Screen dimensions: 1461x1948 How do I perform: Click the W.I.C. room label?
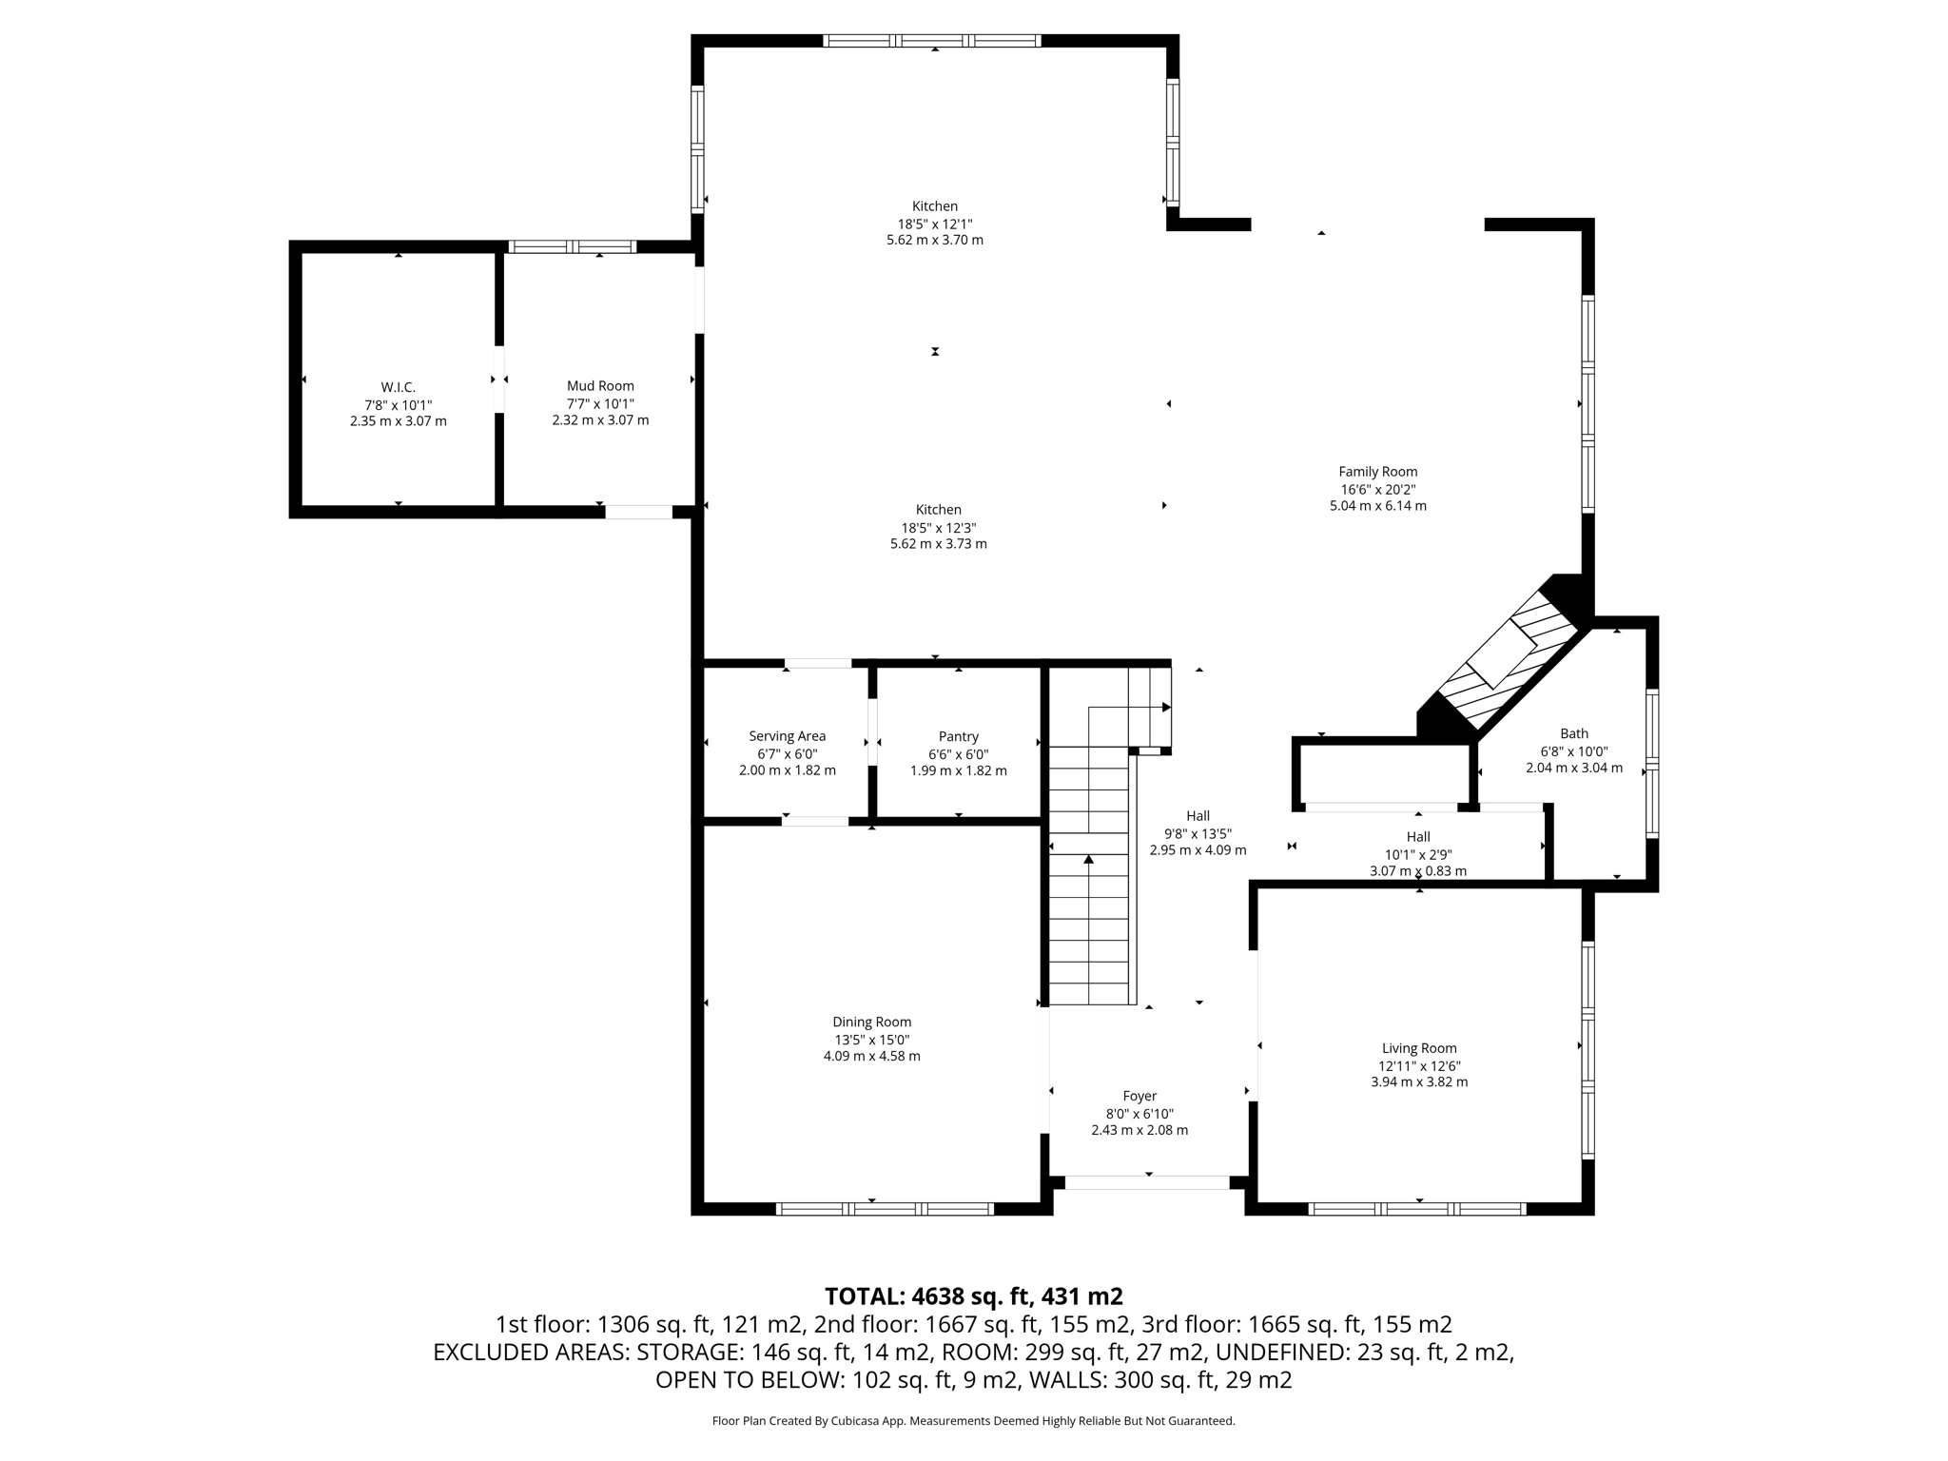[398, 387]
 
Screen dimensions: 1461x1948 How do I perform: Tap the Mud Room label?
[600, 385]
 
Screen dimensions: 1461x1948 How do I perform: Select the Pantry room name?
[958, 736]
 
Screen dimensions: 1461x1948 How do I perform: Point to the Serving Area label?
[787, 736]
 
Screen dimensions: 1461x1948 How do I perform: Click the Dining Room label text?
[871, 1022]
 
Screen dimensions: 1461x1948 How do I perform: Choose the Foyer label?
[1139, 1096]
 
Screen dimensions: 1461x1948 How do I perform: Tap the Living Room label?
[1418, 1048]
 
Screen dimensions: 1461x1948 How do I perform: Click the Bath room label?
[1573, 733]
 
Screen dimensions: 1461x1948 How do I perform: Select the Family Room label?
[1377, 471]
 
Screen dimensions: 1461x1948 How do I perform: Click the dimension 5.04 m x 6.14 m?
[1377, 506]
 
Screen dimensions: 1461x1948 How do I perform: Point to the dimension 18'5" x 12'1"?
[934, 224]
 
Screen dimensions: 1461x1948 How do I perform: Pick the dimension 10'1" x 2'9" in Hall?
[1417, 854]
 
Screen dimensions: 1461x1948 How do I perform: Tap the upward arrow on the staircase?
[1088, 860]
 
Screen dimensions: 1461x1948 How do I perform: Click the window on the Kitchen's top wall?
[931, 41]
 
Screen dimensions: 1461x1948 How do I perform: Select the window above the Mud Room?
[572, 247]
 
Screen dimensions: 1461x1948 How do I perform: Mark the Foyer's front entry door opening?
[1146, 1182]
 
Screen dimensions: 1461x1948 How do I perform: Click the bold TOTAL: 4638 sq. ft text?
[973, 1295]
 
